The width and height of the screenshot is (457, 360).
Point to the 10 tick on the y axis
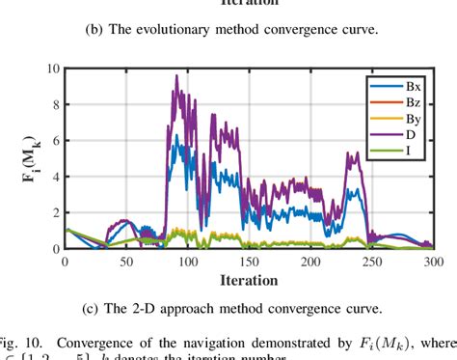point(53,69)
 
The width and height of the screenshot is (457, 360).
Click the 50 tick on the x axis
point(125,262)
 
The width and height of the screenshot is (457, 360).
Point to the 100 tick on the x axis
point(187,262)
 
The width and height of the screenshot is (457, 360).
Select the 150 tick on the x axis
point(249,262)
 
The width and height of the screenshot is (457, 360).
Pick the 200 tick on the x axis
point(310,262)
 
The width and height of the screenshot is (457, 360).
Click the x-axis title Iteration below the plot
point(249,281)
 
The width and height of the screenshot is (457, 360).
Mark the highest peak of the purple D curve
point(176,75)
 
